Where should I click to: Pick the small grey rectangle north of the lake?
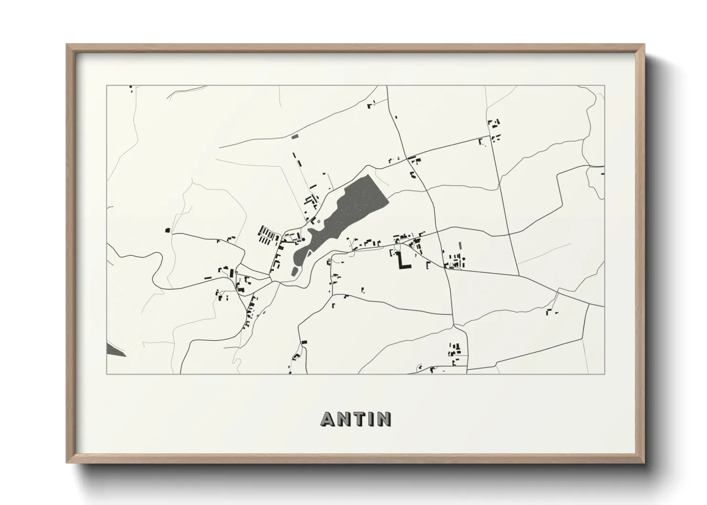pyautogui.click(x=294, y=137)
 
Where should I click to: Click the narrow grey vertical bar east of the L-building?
pyautogui.click(x=460, y=245)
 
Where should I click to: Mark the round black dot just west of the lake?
pyautogui.click(x=303, y=240)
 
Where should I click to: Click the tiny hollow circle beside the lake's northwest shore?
pyautogui.click(x=318, y=221)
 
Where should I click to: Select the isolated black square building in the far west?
pyautogui.click(x=168, y=230)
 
